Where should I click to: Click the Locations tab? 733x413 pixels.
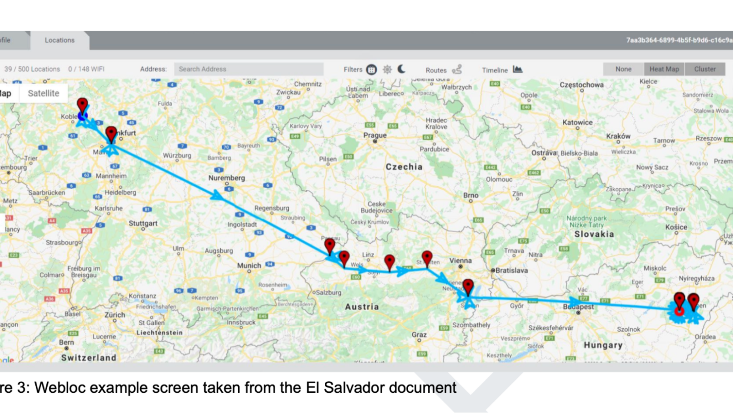click(x=60, y=40)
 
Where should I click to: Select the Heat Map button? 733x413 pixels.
click(x=664, y=69)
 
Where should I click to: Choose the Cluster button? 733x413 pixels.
click(x=705, y=69)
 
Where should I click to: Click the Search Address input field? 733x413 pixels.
click(x=249, y=69)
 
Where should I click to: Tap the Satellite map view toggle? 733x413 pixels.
click(x=44, y=93)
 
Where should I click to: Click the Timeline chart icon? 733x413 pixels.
click(x=517, y=69)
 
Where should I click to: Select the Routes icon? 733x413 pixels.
click(x=457, y=69)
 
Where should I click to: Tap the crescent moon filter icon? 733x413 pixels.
click(x=402, y=69)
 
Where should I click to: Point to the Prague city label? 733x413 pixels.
click(x=375, y=135)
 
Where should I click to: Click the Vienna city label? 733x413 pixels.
click(x=460, y=261)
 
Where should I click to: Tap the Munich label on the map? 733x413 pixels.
click(x=249, y=266)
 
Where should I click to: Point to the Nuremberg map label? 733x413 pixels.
click(x=227, y=178)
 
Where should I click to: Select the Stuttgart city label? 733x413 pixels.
click(x=143, y=223)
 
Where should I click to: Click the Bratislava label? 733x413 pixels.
click(x=511, y=271)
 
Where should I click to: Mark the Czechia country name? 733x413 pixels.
click(x=404, y=167)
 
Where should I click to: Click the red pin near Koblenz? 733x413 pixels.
click(x=82, y=106)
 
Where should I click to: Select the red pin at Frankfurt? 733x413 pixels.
click(x=111, y=134)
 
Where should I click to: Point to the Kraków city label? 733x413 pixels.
click(x=618, y=136)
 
